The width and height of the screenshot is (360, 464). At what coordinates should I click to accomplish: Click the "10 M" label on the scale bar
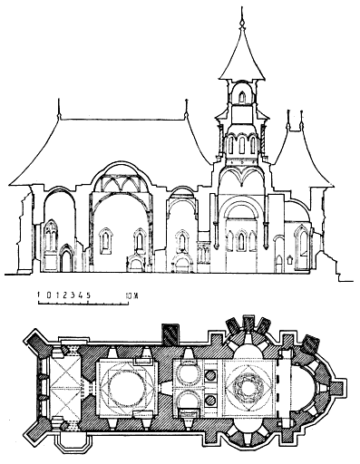pos(133,295)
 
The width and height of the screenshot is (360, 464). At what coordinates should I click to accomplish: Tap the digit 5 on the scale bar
pos(88,295)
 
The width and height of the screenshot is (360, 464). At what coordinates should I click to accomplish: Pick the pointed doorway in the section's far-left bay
pos(65,261)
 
